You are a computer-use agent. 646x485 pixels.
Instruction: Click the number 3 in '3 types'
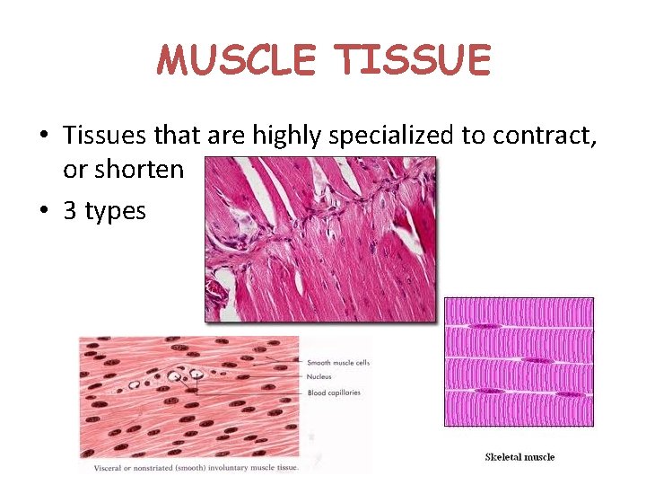[69, 211]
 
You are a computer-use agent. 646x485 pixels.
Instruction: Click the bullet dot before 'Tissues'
[43, 137]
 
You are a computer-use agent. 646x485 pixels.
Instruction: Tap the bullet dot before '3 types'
[43, 212]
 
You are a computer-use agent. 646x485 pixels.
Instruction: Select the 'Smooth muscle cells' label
[338, 363]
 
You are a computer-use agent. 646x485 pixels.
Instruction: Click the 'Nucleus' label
[319, 378]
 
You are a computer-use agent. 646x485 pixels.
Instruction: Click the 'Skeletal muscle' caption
[519, 457]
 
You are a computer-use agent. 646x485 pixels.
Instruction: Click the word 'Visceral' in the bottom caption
[109, 467]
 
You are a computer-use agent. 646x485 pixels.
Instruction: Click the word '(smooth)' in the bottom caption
[195, 467]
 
